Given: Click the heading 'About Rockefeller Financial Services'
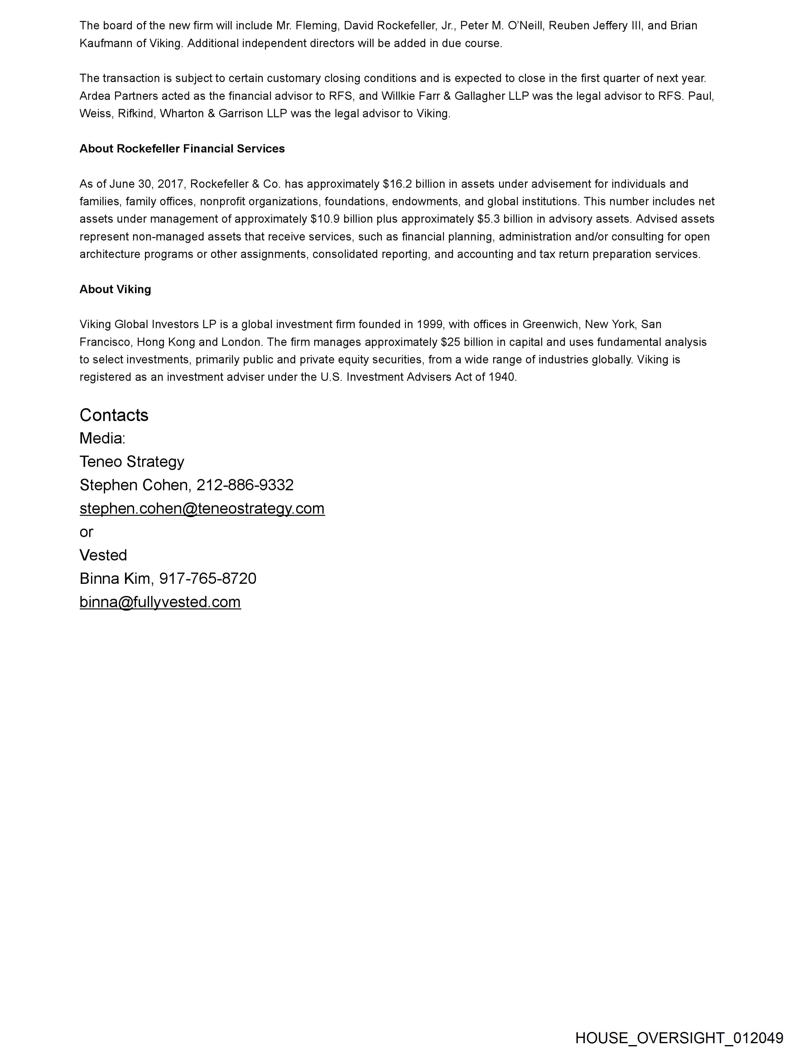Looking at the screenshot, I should [182, 149].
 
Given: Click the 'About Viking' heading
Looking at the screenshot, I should [115, 290].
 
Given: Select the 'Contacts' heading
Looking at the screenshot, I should [114, 415].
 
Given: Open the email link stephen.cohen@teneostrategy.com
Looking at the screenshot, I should [202, 508].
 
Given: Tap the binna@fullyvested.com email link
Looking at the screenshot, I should [160, 602].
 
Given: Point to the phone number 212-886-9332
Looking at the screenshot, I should [245, 485].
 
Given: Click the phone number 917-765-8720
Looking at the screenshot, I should [208, 579].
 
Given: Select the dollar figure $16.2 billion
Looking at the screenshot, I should [413, 184].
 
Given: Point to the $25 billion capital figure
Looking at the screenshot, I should [463, 342].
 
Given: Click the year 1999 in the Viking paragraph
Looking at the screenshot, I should [429, 324].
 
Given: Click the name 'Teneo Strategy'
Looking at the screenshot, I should [132, 462].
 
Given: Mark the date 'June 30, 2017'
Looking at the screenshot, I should [146, 184].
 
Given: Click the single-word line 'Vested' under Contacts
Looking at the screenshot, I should [103, 555].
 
